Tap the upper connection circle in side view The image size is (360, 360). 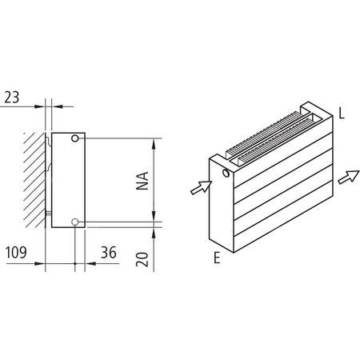tap(75, 139)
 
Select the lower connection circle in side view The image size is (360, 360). tap(75, 222)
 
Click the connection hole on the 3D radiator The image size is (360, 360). tap(226, 172)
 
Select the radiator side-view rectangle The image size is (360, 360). tap(67, 180)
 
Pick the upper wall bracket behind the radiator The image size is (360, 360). tap(48, 144)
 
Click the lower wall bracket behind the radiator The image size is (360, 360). tap(48, 214)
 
